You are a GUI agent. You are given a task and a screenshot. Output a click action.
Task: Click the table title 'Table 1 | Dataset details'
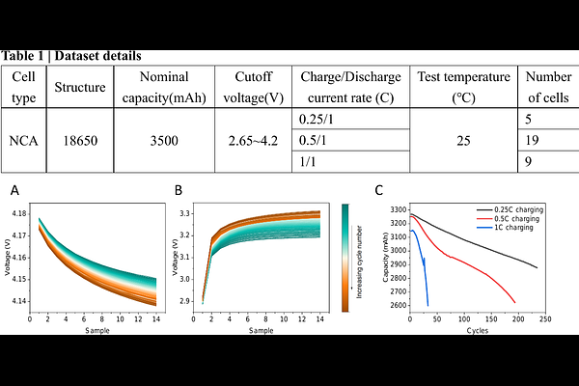tap(72, 57)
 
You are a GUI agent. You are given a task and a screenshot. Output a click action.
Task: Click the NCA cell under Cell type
tap(24, 139)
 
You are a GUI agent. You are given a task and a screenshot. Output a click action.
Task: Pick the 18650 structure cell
tap(80, 139)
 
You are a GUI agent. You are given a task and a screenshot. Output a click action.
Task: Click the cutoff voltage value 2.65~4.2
tap(254, 139)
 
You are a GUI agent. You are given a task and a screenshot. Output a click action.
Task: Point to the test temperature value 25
tap(464, 139)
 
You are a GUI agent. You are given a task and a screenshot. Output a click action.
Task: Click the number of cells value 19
tap(532, 139)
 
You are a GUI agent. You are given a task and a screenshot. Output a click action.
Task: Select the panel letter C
tap(379, 190)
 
